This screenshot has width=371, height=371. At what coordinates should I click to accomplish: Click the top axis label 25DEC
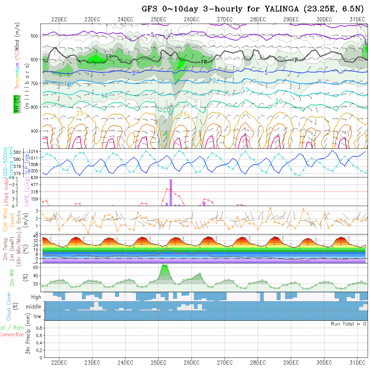tap(159, 19)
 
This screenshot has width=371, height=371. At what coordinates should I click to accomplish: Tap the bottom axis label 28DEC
tap(258, 363)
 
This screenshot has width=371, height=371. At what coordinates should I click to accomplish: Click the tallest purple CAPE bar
tap(171, 192)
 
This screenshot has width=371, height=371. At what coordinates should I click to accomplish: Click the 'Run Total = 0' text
tap(348, 324)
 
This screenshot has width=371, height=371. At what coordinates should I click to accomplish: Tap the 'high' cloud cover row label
tap(36, 297)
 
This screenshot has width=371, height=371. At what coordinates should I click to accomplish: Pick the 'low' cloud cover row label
tap(37, 316)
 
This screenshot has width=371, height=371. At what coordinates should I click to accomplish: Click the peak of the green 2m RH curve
tap(164, 265)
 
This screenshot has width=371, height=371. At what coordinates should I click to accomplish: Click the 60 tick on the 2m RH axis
tap(34, 267)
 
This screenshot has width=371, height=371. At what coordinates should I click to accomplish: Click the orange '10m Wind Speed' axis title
tap(8, 219)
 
